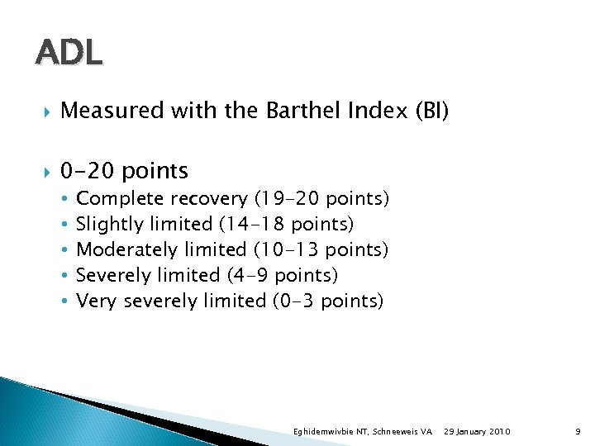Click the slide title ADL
point(69,54)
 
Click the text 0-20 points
point(125,171)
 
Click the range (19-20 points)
point(322,199)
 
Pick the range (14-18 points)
point(286,224)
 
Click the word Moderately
point(125,249)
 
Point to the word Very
point(96,300)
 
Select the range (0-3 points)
point(328,300)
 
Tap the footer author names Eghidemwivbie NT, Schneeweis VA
point(363,432)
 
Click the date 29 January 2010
point(477,432)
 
